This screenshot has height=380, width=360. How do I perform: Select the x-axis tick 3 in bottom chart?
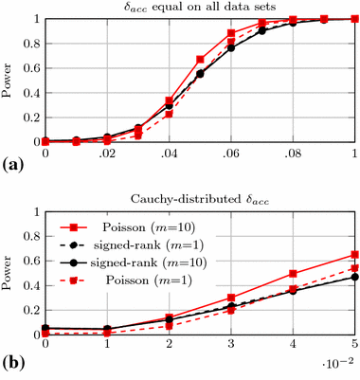coord(230,347)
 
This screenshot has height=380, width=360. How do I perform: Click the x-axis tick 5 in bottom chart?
coord(353,347)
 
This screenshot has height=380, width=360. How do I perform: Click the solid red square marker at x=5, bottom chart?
coord(353,254)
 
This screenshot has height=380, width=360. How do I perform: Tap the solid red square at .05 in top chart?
coord(200,60)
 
